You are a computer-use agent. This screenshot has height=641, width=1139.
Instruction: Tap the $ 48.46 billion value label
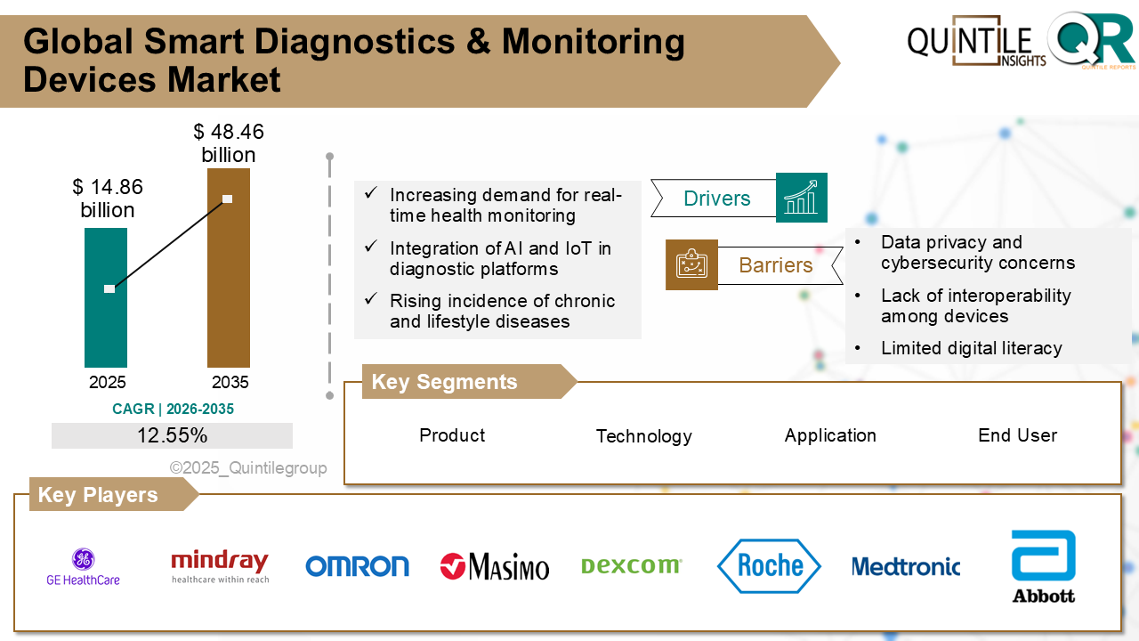pos(229,143)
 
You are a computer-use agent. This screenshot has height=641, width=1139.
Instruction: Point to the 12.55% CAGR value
pos(172,435)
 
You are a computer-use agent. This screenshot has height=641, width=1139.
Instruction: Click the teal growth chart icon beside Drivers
pos(801,198)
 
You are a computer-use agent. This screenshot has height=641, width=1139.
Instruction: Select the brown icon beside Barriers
pos(691,264)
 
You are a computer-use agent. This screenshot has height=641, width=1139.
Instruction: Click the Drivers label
pos(716,199)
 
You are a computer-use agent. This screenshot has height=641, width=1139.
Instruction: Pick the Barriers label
pos(776,265)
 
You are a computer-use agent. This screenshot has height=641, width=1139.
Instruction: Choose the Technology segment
pos(643,436)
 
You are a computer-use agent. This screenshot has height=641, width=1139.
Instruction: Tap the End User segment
pos(1017,435)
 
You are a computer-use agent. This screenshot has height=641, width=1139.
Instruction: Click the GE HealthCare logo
pos(83,567)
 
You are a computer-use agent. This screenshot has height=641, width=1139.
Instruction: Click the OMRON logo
pos(357,566)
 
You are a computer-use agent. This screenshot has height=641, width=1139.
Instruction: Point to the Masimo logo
pos(495,566)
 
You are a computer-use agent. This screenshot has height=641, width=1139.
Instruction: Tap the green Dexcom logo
pos(631,565)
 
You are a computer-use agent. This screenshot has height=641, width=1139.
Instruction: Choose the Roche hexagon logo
pos(769,565)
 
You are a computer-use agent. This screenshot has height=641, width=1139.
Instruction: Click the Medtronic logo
pos(906,566)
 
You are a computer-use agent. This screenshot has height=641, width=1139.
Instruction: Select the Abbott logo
pos(1043,566)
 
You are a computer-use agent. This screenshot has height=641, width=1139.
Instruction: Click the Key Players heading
pos(98,495)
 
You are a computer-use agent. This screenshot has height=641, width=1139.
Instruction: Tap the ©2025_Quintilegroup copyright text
pos(248,468)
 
